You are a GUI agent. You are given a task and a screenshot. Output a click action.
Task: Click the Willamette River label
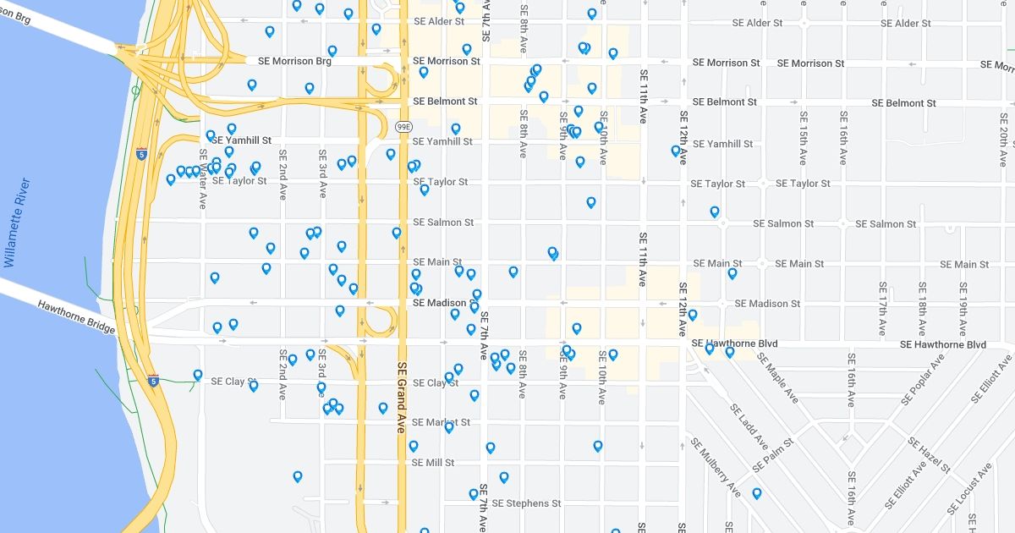(x=20, y=221)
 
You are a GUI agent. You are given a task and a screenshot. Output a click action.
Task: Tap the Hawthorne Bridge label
(x=75, y=316)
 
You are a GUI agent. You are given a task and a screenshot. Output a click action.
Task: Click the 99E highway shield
(x=403, y=127)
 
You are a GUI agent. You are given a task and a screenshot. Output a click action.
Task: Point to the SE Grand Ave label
(x=402, y=398)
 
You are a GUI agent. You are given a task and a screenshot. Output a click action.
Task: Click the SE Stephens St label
(x=526, y=503)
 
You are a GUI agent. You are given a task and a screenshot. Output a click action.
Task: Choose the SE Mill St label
(x=433, y=463)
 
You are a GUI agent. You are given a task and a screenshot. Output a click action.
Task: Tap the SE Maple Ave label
(x=777, y=377)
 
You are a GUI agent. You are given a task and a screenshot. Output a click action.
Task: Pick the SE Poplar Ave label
(x=916, y=390)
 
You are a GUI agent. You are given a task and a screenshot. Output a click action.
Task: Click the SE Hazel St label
(x=929, y=454)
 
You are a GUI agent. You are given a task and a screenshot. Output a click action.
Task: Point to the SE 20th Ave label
(x=1003, y=135)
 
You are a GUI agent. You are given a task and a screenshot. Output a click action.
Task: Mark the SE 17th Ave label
(x=882, y=309)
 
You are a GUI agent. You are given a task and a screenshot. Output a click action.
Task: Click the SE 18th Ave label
(x=923, y=309)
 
